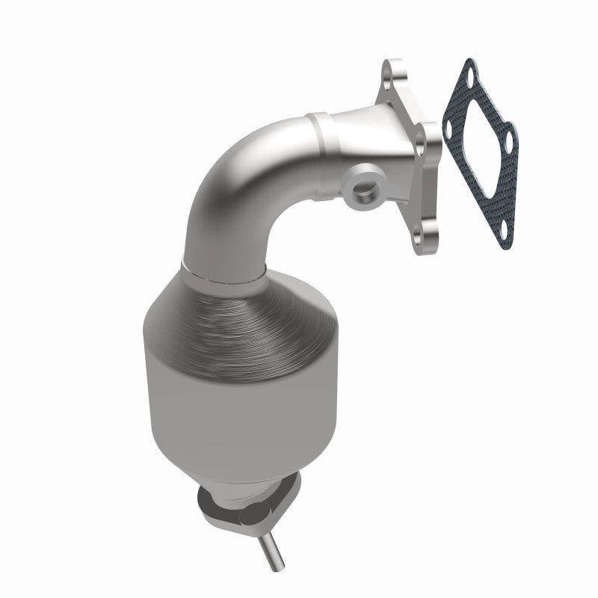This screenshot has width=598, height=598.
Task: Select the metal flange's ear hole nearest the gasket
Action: (429, 140)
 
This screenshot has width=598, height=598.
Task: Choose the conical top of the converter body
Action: (217, 314)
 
